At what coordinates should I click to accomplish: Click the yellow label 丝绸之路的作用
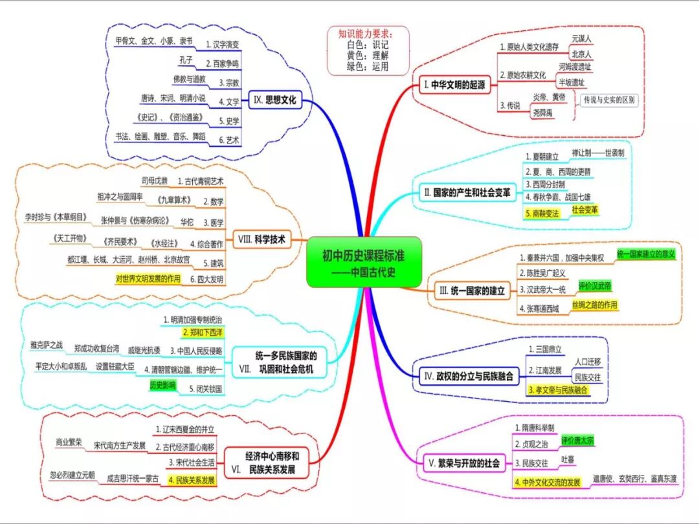pyautogui.click(x=594, y=305)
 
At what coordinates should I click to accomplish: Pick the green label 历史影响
pyautogui.click(x=162, y=385)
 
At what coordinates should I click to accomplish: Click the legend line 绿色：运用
pyautogui.click(x=368, y=66)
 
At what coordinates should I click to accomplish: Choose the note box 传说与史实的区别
pyautogui.click(x=609, y=100)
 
